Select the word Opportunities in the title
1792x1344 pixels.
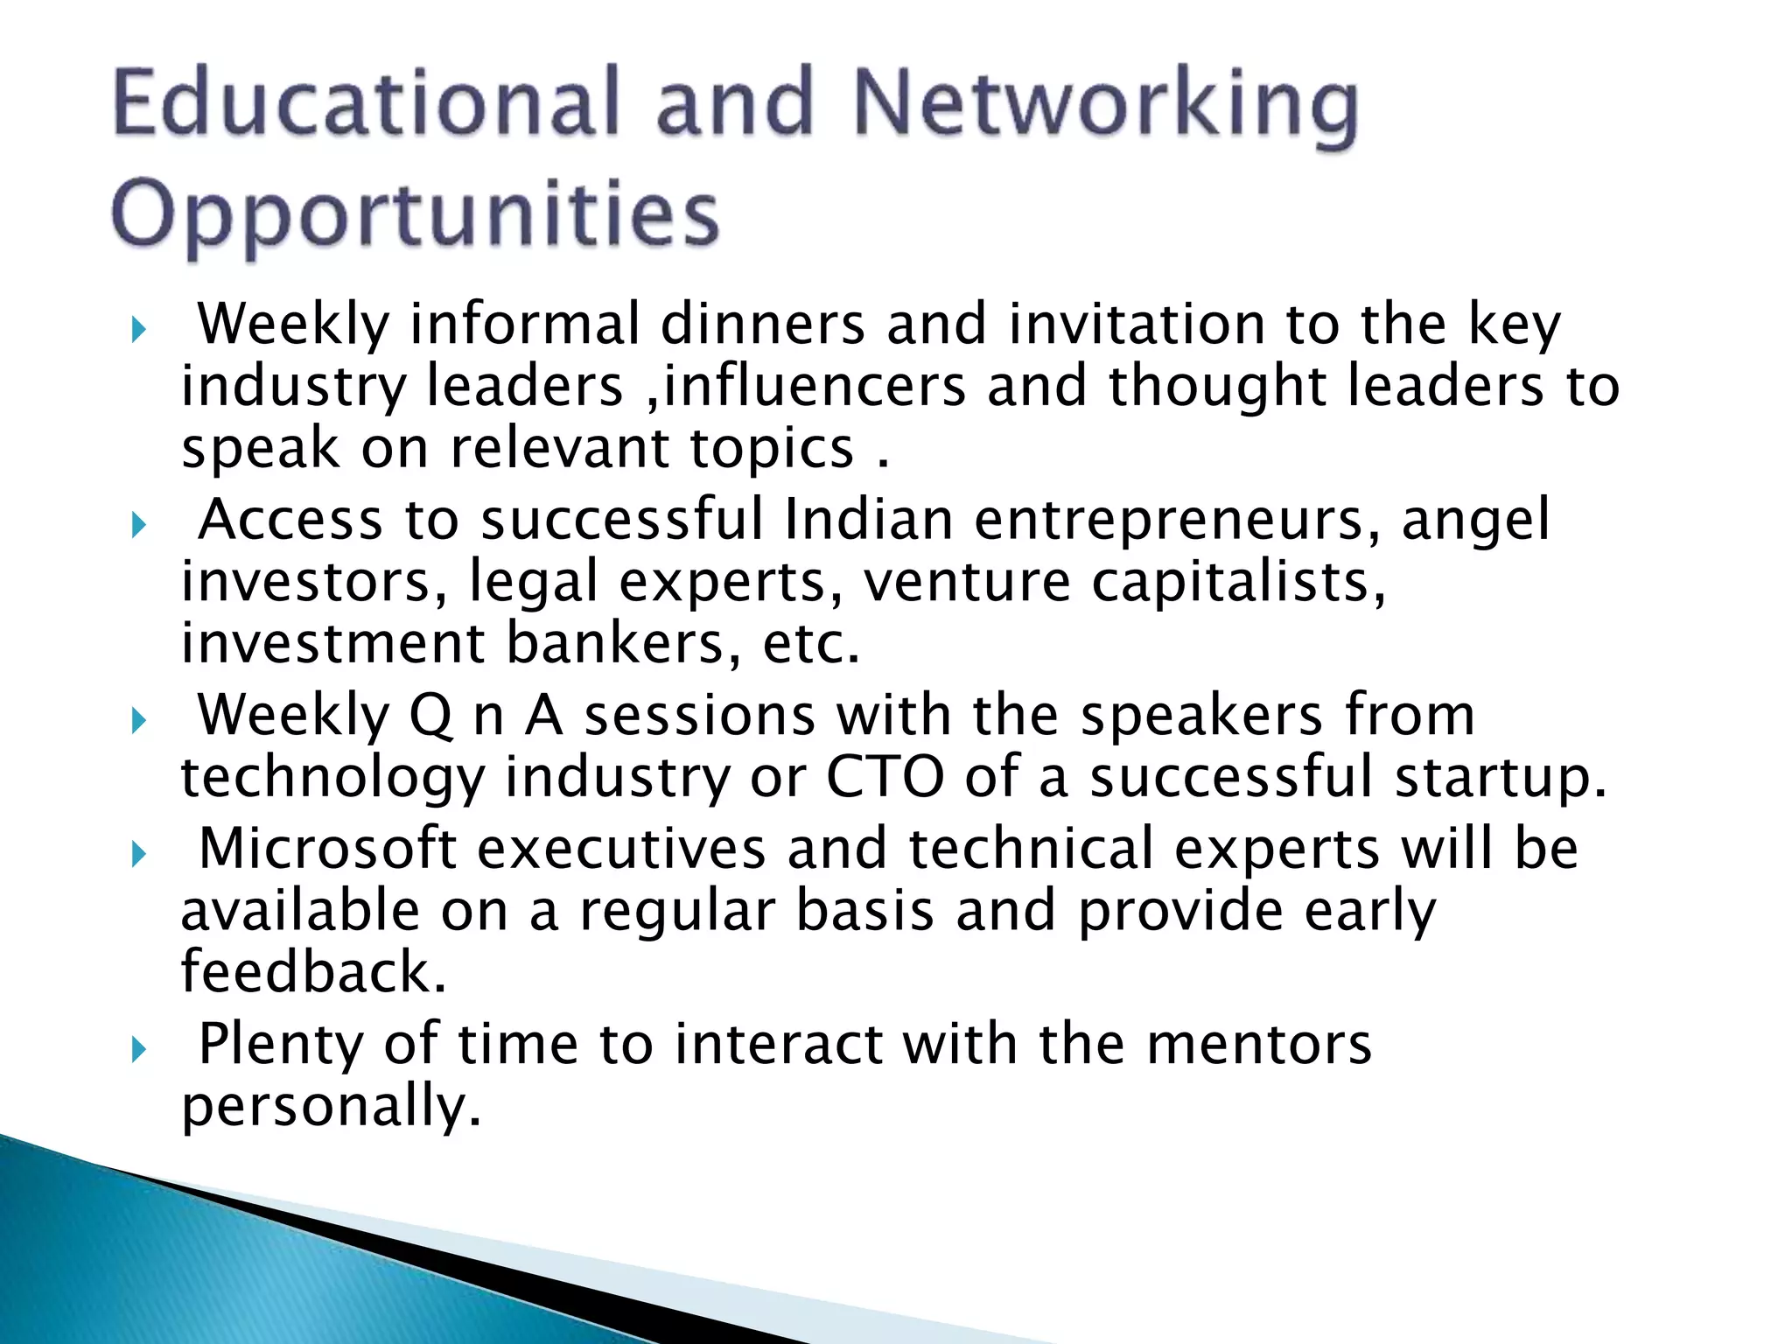415,215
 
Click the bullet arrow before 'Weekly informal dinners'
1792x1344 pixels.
138,331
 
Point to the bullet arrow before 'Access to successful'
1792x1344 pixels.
138,526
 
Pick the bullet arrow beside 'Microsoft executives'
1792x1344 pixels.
138,855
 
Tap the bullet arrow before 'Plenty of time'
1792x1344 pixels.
138,1050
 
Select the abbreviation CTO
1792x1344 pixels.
885,777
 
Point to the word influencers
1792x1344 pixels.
815,386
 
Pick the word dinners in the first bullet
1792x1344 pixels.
762,325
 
